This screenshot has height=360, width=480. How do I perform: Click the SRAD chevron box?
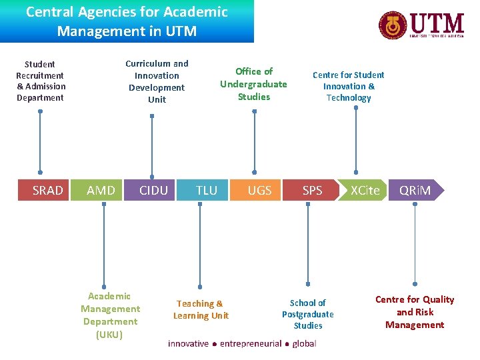(x=47, y=191)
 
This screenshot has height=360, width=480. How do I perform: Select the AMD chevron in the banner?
(x=101, y=191)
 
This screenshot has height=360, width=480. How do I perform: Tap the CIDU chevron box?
(x=153, y=191)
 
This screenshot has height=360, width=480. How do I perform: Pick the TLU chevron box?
(x=207, y=191)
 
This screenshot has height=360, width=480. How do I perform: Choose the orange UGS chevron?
(x=259, y=191)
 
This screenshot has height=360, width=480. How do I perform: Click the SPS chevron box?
(x=312, y=191)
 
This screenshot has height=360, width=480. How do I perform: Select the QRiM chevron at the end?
(x=415, y=191)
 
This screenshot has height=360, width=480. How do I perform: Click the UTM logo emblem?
(x=392, y=25)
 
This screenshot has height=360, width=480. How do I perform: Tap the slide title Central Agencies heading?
(x=127, y=21)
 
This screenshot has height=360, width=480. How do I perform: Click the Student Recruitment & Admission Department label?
(x=41, y=81)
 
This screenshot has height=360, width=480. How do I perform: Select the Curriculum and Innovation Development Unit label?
(x=157, y=81)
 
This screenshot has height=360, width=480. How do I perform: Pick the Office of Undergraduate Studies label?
(x=254, y=83)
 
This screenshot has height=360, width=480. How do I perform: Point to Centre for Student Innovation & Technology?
(x=349, y=86)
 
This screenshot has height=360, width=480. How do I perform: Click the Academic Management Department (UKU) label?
(x=110, y=315)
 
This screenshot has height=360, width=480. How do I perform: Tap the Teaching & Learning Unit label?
(x=201, y=309)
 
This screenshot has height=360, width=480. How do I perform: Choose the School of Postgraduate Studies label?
(x=308, y=314)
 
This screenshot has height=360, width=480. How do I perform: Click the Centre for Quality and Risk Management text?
(x=415, y=312)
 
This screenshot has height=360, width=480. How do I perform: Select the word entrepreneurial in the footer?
(x=251, y=343)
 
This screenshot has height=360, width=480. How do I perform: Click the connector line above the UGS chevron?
(x=254, y=143)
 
